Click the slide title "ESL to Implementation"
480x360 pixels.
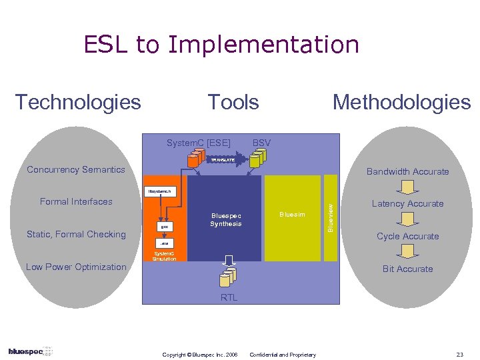(x=221, y=45)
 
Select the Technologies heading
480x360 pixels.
(x=78, y=102)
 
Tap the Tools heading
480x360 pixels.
(x=233, y=102)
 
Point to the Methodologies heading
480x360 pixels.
(x=401, y=102)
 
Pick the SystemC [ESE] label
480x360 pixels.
(x=198, y=143)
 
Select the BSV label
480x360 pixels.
(x=262, y=143)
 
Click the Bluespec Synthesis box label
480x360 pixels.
(x=226, y=220)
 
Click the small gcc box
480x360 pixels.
(x=163, y=227)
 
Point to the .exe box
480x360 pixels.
(x=164, y=245)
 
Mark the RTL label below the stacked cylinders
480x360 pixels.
(x=229, y=298)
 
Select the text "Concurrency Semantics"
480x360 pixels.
(x=76, y=169)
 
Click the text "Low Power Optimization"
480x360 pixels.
(x=76, y=267)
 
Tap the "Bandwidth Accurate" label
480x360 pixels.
(x=407, y=171)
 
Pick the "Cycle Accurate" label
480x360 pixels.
(x=407, y=236)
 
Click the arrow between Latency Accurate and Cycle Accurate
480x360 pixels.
(x=407, y=220)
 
